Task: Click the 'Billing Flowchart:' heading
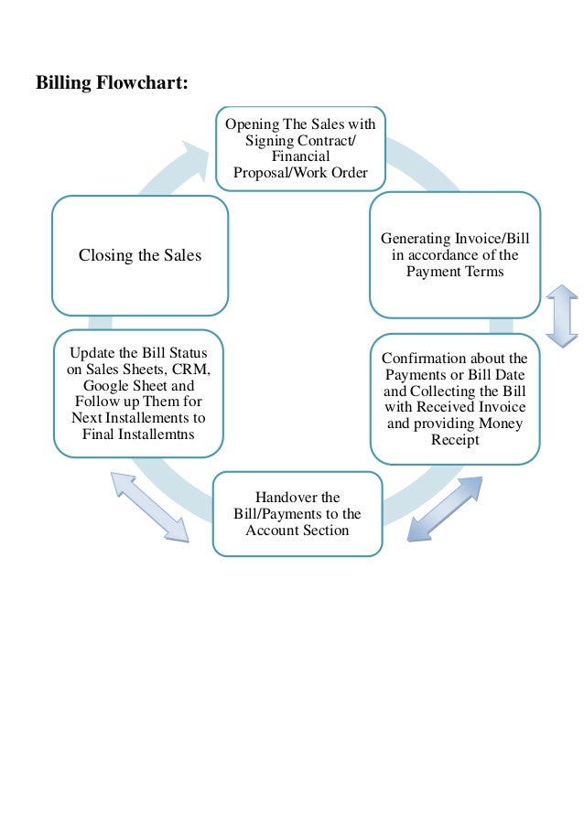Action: click(113, 83)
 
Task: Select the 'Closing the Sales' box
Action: click(139, 255)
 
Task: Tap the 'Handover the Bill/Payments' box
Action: click(297, 513)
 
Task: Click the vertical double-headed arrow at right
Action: click(561, 316)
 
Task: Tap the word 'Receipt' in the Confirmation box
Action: click(454, 441)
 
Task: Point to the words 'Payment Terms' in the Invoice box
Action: click(454, 272)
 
